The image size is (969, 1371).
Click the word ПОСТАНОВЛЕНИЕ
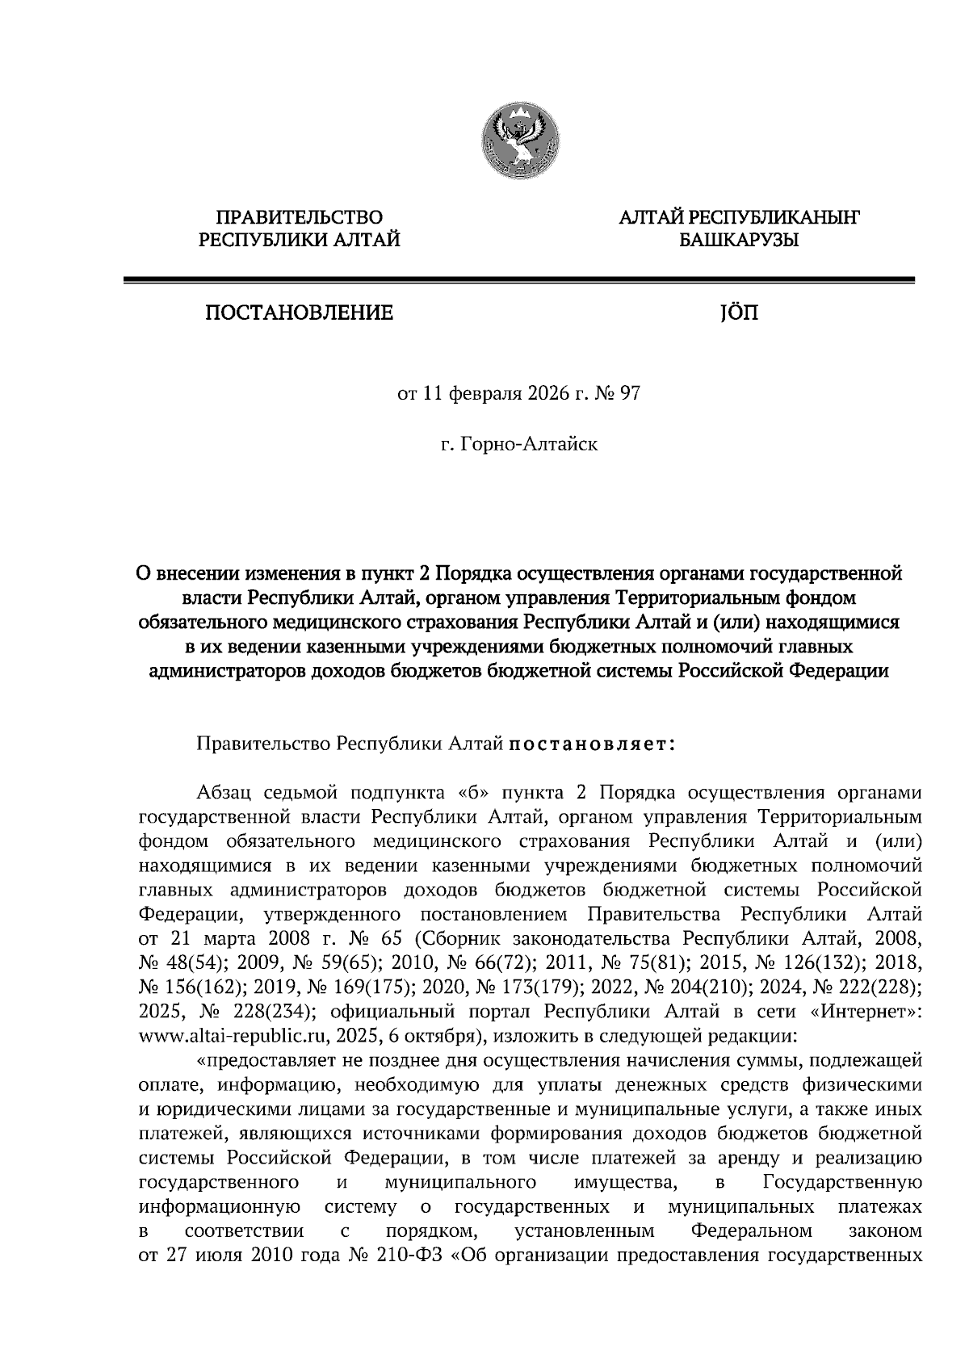pos(299,312)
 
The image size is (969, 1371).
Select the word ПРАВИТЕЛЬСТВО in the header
pos(299,216)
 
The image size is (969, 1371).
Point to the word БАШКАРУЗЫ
pos(738,240)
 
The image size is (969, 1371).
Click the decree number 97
pos(628,395)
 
